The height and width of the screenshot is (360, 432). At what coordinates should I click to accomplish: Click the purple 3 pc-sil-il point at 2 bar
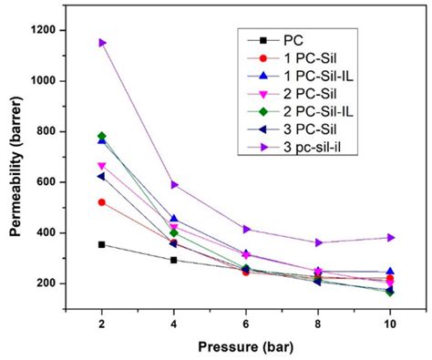pyautogui.click(x=102, y=43)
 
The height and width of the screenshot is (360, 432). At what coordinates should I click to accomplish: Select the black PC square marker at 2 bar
pyautogui.click(x=102, y=244)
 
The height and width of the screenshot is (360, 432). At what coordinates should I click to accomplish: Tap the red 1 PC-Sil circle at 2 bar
pyautogui.click(x=102, y=202)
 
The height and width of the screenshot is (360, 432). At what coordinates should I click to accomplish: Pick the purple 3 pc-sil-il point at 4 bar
pyautogui.click(x=174, y=185)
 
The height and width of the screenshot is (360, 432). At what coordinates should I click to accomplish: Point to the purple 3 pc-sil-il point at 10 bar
pyautogui.click(x=390, y=238)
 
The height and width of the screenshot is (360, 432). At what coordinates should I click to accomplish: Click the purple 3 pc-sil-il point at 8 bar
pyautogui.click(x=318, y=243)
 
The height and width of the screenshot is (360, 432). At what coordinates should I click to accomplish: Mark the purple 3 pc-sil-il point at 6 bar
pyautogui.click(x=246, y=230)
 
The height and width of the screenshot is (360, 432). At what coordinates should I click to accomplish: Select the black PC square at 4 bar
pyautogui.click(x=174, y=260)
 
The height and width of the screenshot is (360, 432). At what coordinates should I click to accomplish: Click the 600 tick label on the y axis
pyautogui.click(x=52, y=182)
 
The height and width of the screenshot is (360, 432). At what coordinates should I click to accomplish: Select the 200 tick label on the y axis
pyautogui.click(x=52, y=283)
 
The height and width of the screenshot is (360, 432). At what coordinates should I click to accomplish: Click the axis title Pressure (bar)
pyautogui.click(x=246, y=347)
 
